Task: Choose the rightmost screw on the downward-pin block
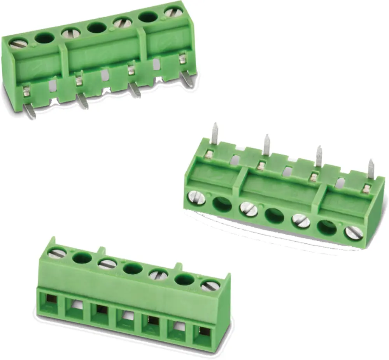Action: pos(173,12)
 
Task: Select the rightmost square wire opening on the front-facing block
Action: pos(202,332)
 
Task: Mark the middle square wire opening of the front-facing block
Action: pos(125,316)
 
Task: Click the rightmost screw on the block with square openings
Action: pos(210,285)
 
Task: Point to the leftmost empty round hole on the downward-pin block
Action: pos(45,38)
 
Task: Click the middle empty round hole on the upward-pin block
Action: pos(275,215)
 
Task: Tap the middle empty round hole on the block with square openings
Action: pos(133,268)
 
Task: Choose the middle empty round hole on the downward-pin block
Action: pos(96,27)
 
